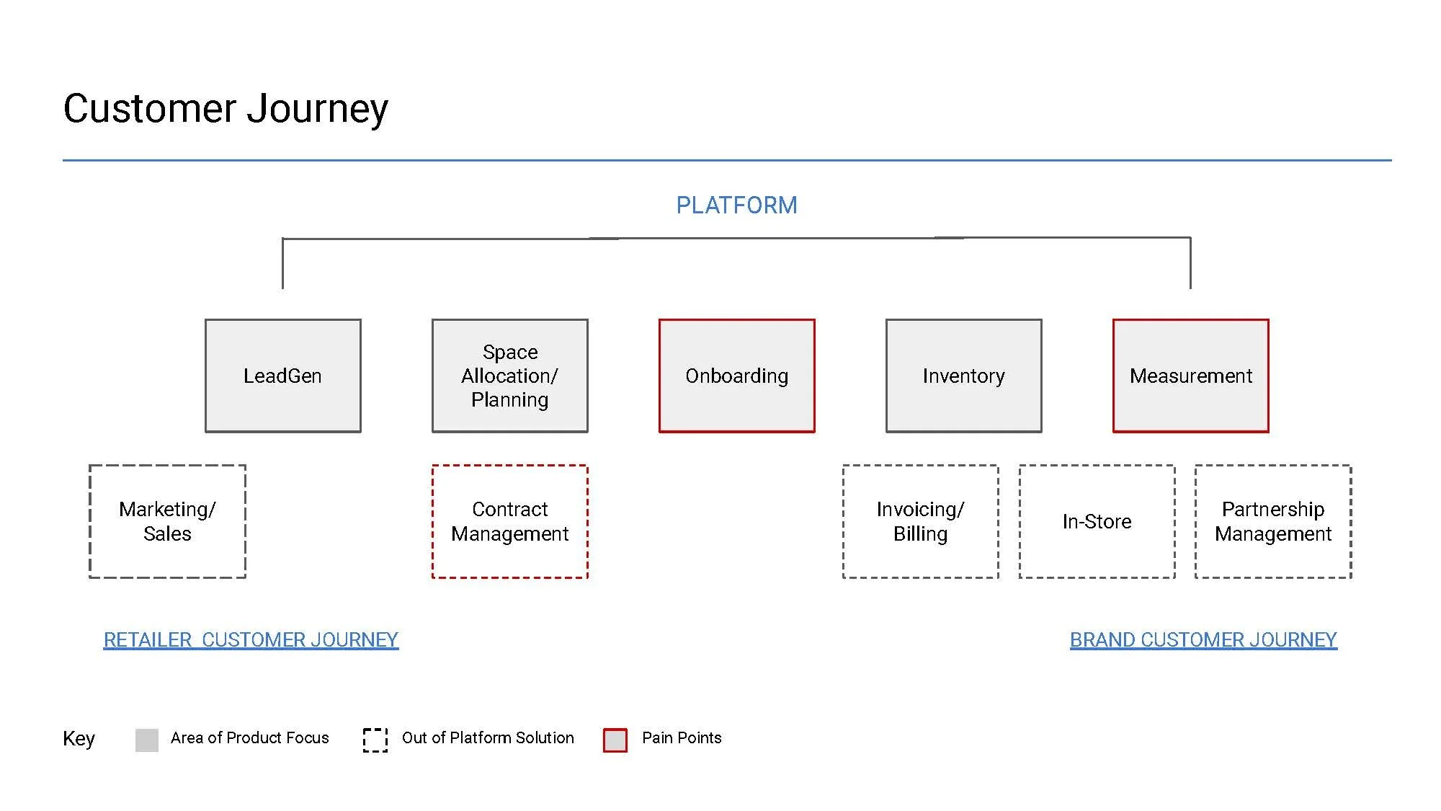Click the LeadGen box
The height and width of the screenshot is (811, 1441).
tap(282, 376)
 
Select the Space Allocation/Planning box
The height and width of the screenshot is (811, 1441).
tap(509, 376)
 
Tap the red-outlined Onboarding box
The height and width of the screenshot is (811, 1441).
tap(736, 376)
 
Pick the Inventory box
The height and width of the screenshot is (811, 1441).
tap(963, 376)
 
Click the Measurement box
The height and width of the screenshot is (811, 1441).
tap(1190, 376)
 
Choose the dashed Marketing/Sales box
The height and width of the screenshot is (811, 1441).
tap(167, 521)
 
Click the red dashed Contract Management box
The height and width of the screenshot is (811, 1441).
tap(509, 521)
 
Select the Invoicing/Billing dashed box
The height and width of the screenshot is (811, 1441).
tap(920, 521)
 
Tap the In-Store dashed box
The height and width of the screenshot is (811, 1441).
tap(1097, 521)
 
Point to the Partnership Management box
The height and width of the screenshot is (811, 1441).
tap(1273, 521)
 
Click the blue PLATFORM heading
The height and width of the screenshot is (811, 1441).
tap(736, 205)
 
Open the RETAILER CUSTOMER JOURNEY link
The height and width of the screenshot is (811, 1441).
tap(251, 640)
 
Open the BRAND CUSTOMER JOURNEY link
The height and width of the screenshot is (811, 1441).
tap(1203, 640)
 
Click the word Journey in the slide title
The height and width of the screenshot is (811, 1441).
tap(317, 110)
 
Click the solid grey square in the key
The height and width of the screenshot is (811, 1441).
tap(147, 740)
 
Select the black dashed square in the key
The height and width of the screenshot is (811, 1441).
tap(375, 740)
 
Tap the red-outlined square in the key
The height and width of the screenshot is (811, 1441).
tap(615, 740)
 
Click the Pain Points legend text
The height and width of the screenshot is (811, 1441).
tap(682, 737)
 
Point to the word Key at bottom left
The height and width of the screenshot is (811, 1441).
tap(79, 739)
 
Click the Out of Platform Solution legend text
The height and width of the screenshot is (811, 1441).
tap(488, 737)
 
